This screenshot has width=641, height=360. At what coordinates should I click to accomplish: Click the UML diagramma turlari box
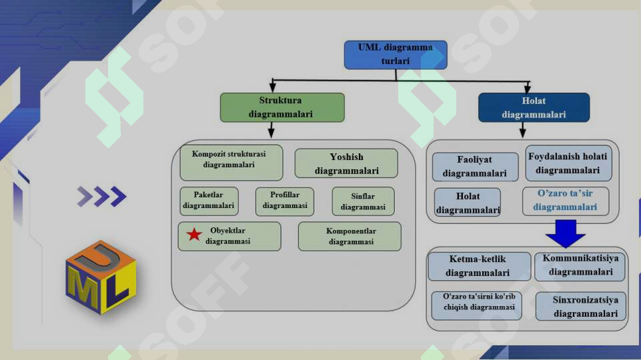tap(396, 55)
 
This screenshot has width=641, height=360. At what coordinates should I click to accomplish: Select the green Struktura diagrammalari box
tap(282, 107)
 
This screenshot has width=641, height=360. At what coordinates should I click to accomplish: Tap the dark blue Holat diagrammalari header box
tap(534, 107)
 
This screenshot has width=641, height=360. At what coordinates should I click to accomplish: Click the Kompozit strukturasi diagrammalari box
tap(231, 163)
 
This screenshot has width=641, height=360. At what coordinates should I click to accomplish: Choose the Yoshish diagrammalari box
tap(346, 163)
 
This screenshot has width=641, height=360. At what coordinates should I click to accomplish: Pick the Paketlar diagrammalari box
tap(209, 201)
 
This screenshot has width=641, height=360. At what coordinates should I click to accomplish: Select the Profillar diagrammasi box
tap(285, 201)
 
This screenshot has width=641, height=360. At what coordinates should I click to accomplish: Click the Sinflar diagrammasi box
tap(363, 201)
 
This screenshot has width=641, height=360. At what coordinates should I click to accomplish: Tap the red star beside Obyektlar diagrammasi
tap(194, 235)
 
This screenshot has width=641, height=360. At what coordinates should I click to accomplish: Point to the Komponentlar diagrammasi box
tap(350, 236)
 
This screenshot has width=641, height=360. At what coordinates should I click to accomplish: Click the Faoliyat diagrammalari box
tap(475, 167)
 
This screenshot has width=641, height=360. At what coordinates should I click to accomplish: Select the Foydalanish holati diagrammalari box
tap(568, 163)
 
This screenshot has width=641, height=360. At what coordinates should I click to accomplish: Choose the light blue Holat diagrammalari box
tap(468, 202)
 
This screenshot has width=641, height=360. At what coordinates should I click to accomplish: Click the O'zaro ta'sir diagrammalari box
tap(566, 201)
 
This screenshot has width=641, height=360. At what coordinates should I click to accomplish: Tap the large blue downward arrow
tap(566, 233)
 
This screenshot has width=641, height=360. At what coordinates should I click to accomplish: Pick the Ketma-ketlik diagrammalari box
tap(480, 266)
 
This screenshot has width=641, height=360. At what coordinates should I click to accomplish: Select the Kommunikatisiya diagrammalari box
tap(580, 266)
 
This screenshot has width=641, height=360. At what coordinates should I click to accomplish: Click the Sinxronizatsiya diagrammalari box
tap(580, 306)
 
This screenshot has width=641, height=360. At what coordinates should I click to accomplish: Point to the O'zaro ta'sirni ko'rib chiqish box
tap(477, 305)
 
